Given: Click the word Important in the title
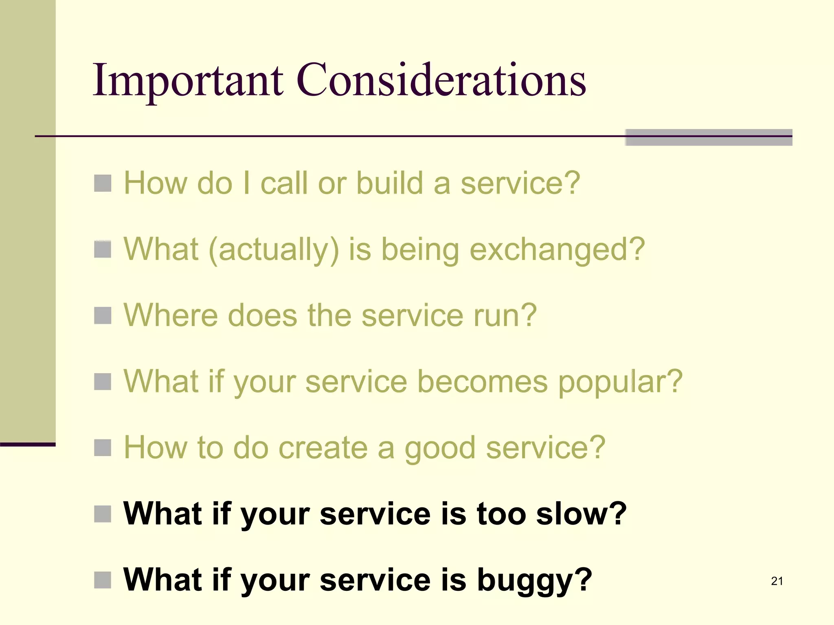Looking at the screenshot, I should point(188,81).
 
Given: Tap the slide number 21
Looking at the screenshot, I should point(777,581).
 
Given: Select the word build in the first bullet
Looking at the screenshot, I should point(390,183).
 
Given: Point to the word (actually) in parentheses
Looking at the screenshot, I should point(274,250).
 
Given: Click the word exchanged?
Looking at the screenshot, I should point(557,250).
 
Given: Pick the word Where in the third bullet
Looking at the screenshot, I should point(170,315).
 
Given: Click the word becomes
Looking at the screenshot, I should point(483,382).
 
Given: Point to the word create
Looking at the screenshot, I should point(323,448).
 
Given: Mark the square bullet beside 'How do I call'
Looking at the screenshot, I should point(103,183).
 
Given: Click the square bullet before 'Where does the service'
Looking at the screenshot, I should point(103,315).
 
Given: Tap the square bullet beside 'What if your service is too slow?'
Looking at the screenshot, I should point(103,514).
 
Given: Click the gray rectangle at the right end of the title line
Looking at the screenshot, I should point(709,137).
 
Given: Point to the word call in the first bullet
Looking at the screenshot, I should point(284,183).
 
